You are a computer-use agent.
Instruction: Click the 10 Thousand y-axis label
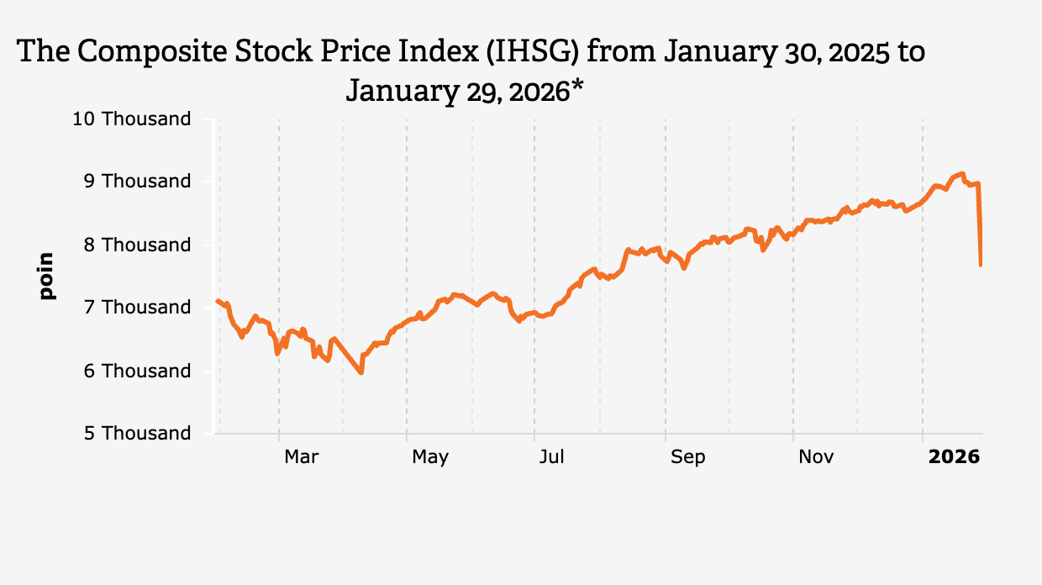[x=132, y=119]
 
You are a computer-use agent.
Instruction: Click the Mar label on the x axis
[x=302, y=456]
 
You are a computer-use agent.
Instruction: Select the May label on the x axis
[x=430, y=456]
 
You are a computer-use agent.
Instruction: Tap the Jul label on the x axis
[x=552, y=456]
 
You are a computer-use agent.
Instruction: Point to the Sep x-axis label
[x=688, y=456]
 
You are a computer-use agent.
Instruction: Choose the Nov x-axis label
[x=816, y=456]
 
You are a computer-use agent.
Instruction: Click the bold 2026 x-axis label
[x=954, y=456]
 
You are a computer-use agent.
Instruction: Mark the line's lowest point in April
[x=361, y=372]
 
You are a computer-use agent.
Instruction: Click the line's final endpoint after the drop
[x=981, y=266]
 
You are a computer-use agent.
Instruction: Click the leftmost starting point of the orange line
[x=217, y=300]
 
